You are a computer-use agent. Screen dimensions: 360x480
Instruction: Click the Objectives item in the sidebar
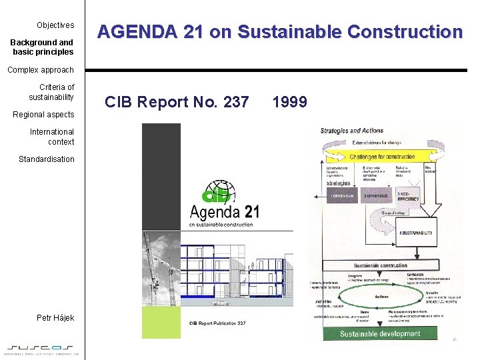(55, 25)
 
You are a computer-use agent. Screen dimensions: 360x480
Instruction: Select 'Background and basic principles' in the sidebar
(42, 47)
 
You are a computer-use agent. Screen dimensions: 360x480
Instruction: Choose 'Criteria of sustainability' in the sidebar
(51, 92)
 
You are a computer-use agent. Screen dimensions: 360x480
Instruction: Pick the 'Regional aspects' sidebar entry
(44, 115)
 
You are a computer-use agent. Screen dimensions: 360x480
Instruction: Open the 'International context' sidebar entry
(52, 137)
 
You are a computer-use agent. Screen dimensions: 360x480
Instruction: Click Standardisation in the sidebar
(47, 159)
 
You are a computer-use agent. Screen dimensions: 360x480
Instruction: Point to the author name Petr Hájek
(55, 318)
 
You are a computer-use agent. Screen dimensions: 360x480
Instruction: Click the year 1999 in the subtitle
(289, 102)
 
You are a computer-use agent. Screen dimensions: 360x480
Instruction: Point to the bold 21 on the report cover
(251, 212)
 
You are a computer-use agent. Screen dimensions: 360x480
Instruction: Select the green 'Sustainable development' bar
(381, 333)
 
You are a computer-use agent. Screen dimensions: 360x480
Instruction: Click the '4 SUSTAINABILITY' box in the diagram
(415, 233)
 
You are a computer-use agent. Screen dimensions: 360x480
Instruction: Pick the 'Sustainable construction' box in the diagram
(380, 265)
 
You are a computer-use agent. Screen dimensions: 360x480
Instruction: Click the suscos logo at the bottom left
(41, 348)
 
